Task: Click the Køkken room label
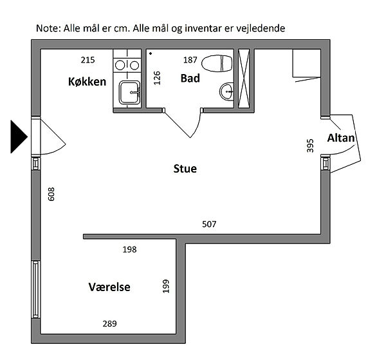click(87, 82)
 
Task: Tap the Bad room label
click(190, 79)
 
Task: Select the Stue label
click(185, 169)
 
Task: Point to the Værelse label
click(109, 287)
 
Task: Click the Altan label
click(341, 138)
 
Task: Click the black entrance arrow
click(19, 137)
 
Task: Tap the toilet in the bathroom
click(217, 63)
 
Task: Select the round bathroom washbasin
click(226, 91)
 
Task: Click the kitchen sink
click(130, 92)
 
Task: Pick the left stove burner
click(120, 66)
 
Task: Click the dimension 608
click(51, 194)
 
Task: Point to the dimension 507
click(209, 224)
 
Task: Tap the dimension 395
click(311, 146)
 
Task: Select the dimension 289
click(110, 323)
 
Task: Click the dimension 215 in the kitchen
click(88, 60)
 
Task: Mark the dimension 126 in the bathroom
click(157, 78)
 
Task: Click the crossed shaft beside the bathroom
click(244, 79)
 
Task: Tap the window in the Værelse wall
click(36, 289)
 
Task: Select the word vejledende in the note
click(261, 28)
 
